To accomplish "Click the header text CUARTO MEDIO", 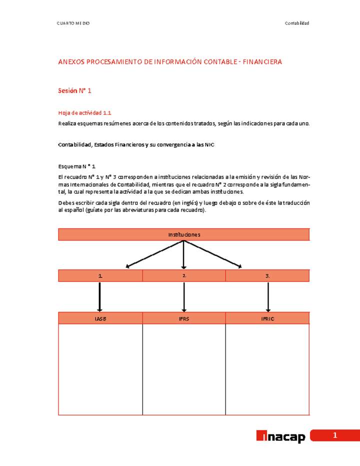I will point(73,23).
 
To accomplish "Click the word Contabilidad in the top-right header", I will point(297,23).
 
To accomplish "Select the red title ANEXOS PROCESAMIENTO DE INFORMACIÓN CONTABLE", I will point(170,62).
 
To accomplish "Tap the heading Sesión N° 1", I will point(74,90).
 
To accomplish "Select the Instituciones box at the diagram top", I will point(184,234).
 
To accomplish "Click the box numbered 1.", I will point(100,276).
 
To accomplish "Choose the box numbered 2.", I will point(184,276).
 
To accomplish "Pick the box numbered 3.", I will point(267,276).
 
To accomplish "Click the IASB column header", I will point(100,318).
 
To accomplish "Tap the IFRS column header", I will point(184,318).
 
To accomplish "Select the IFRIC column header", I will point(267,318).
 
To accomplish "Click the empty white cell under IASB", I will point(100,369).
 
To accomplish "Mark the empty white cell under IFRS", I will point(184,369).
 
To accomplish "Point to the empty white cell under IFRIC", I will point(267,369).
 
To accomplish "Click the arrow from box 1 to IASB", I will point(100,297).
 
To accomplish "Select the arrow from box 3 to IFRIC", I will point(268,297).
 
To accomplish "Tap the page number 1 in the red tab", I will point(335,435).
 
